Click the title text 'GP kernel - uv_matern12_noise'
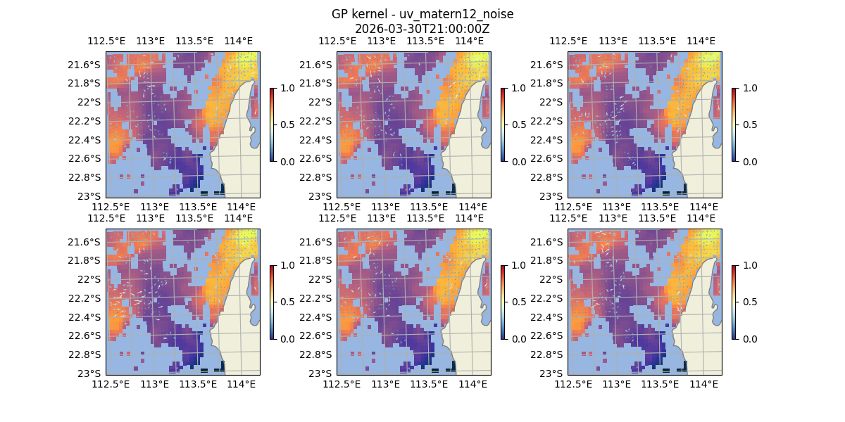(x=422, y=14)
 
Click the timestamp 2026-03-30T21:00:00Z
(x=422, y=29)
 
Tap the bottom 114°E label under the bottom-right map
(x=704, y=384)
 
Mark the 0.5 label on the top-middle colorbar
(x=518, y=124)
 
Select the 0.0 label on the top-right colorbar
(x=749, y=161)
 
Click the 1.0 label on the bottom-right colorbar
(x=749, y=265)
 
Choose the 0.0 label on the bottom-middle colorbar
(x=518, y=338)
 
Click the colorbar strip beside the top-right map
(x=734, y=124)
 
